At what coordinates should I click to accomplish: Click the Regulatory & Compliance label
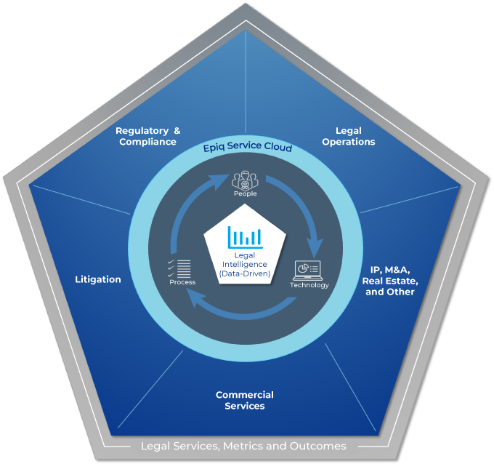coord(147,136)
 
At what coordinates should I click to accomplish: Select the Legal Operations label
coord(349,136)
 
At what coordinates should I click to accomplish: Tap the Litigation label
coord(98,279)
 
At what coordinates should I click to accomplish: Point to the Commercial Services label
coord(245,400)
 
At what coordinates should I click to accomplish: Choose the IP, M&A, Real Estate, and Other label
coord(390,281)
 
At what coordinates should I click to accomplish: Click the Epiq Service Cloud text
coord(248,147)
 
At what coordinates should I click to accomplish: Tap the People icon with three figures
coord(245,180)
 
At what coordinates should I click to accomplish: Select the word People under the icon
coord(245,193)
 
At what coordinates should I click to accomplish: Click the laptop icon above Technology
coord(307,271)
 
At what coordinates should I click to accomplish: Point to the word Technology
coord(309,285)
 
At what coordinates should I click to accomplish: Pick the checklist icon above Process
coord(179,268)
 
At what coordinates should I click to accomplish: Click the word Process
coord(182,282)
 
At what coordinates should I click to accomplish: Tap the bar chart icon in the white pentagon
coord(245,237)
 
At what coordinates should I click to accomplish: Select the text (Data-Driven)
coord(245,273)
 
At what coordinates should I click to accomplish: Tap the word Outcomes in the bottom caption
coord(318,446)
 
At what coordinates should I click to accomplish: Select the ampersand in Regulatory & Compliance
coord(177,131)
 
